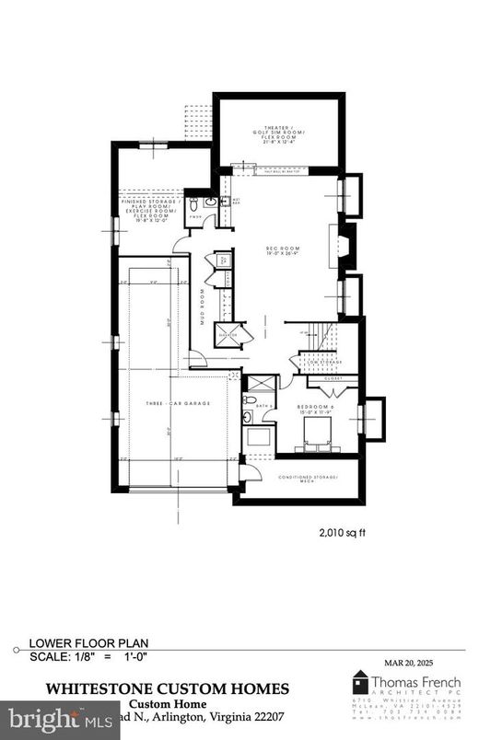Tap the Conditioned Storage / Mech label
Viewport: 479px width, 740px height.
click(309, 480)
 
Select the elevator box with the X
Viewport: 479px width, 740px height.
click(228, 335)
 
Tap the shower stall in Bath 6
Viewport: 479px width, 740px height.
click(261, 384)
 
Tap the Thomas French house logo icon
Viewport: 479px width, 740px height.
click(362, 683)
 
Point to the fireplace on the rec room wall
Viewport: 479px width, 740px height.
click(344, 247)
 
